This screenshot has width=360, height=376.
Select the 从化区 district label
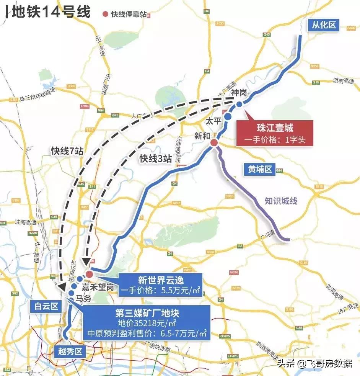point(323,25)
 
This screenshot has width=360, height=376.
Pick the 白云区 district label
point(45,306)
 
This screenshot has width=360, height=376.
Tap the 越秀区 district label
point(70,351)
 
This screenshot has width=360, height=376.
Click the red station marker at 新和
point(214,142)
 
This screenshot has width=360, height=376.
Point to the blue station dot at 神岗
point(239,104)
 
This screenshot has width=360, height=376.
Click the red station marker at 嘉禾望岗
point(89,274)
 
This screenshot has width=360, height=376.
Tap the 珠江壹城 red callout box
point(275,133)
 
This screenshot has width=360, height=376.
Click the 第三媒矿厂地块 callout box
point(147,323)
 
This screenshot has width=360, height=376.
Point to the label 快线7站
point(67,150)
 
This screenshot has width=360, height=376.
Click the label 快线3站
point(155,158)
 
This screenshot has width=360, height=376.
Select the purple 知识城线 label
point(281,201)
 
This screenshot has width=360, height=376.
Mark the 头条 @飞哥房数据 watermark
point(314,363)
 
